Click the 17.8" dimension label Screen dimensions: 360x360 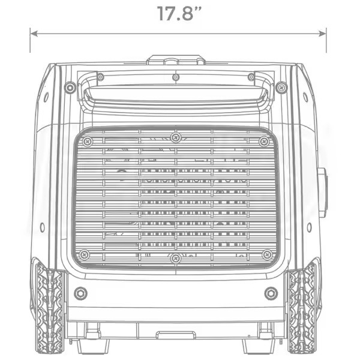click(179, 14)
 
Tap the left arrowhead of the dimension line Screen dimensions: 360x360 click(34, 34)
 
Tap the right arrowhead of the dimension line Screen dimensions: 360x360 click(322, 34)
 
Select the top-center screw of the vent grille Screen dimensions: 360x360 click(176, 138)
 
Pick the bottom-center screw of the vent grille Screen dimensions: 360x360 click(176, 259)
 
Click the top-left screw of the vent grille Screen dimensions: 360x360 click(88, 142)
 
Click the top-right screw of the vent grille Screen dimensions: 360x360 click(264, 142)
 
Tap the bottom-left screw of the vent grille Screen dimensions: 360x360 click(85, 254)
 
